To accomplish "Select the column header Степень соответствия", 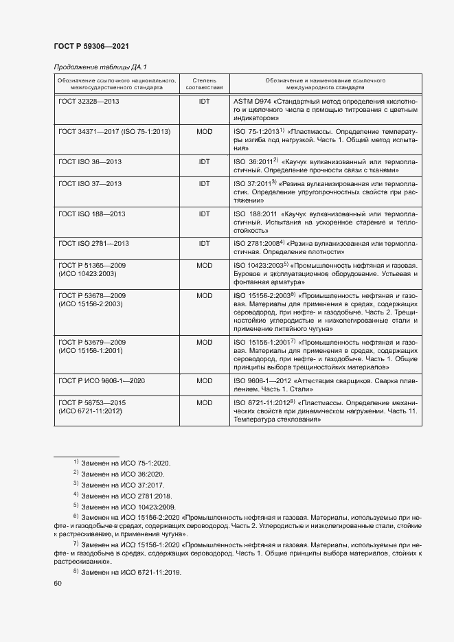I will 204,84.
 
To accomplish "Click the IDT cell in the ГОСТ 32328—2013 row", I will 204,101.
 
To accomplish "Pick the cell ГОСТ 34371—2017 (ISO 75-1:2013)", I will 114,130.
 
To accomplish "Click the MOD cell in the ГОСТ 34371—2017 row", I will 204,130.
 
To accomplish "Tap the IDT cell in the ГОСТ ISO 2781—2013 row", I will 204,244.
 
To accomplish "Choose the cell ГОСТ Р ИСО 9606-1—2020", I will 101,380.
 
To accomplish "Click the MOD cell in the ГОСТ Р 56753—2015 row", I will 204,402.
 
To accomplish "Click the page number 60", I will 58,584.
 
